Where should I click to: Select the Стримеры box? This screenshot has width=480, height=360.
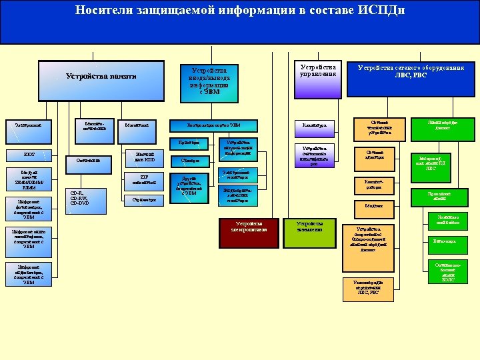click(x=145, y=199)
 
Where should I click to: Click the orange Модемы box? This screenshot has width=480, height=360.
click(x=374, y=207)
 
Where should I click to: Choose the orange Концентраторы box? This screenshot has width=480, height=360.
click(x=374, y=185)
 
